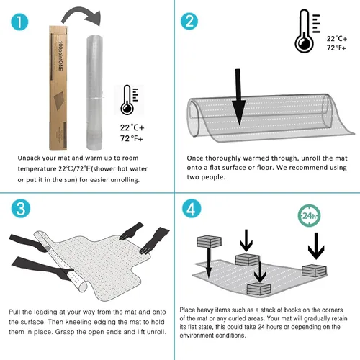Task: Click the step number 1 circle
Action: pos(19,22)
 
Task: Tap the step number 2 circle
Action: pos(189,22)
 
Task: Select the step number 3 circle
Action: pos(21,208)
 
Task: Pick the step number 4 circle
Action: pos(192,208)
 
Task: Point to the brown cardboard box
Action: pos(58,88)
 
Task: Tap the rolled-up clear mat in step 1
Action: pos(94,93)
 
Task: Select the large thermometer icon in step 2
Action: pos(307,31)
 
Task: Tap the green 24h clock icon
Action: pos(309,215)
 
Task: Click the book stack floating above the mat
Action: pos(209,242)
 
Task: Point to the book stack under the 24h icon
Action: pos(314,271)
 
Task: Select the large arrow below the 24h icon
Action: pos(316,246)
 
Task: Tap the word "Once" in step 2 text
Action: pos(195,158)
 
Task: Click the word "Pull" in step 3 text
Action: pos(14,312)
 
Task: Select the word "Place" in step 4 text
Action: pos(187,310)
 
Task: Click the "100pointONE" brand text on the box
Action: pos(60,55)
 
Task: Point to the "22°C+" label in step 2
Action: pos(337,39)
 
